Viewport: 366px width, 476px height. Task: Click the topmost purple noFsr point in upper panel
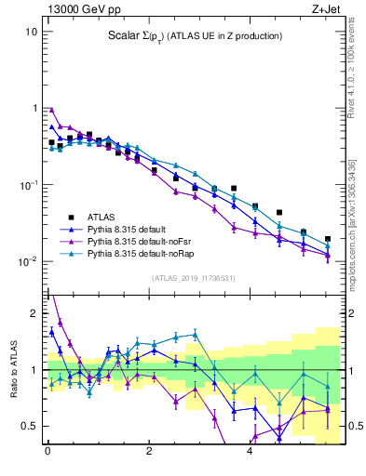coord(52,109)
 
